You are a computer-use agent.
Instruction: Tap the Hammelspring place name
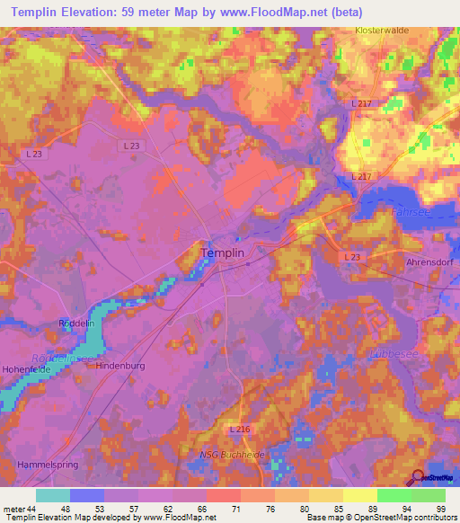click(x=41, y=465)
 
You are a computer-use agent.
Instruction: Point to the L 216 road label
click(x=238, y=434)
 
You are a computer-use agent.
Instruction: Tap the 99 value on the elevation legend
click(x=441, y=509)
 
